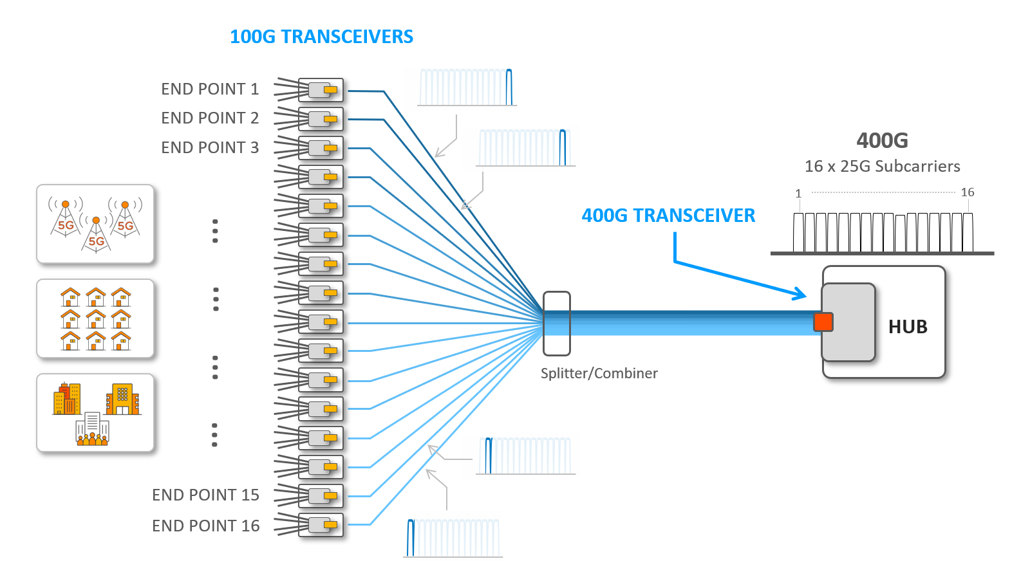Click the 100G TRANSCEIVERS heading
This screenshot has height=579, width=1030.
pos(321,37)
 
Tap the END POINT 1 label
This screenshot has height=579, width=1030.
pos(210,89)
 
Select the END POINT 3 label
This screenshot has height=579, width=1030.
pos(210,147)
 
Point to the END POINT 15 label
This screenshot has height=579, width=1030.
pos(205,495)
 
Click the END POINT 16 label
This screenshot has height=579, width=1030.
pos(205,526)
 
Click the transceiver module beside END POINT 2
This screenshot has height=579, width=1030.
pos(321,119)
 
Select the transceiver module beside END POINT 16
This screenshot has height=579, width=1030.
pos(321,525)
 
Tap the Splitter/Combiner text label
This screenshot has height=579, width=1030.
pos(599,373)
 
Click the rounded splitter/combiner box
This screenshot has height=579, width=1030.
pos(556,324)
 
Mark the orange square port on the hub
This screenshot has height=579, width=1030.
pos(823,322)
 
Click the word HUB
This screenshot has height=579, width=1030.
pos(908,327)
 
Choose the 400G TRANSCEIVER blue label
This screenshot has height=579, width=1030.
pos(668,216)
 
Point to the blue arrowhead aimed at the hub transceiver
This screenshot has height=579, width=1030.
pos(800,294)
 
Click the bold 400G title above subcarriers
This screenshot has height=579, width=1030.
pos(882,140)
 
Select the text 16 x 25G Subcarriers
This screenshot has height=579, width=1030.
pos(882,167)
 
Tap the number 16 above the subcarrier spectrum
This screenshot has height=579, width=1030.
pos(967,192)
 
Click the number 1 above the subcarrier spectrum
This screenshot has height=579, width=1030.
pos(798,194)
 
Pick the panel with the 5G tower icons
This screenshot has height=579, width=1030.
pos(95,224)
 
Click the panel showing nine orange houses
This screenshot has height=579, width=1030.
pos(95,318)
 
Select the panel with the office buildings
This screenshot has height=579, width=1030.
pos(95,413)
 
